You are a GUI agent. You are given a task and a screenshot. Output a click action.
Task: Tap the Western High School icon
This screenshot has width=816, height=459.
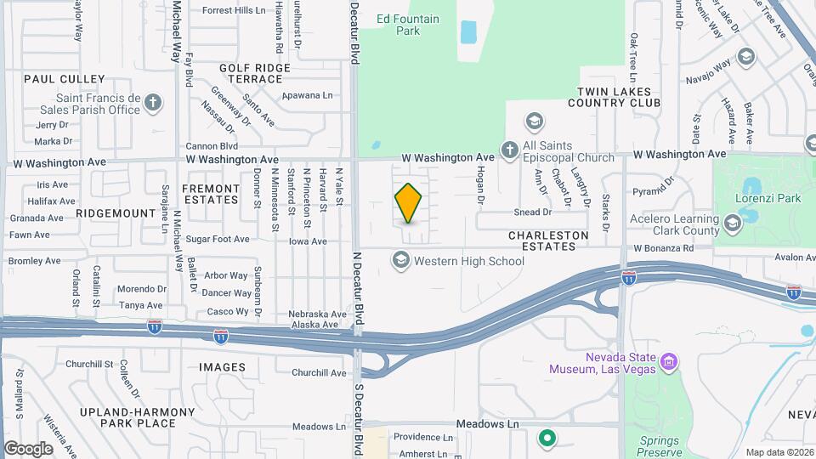pos(400,260)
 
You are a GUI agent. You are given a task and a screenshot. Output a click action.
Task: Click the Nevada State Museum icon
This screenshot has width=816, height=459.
pos(668,363)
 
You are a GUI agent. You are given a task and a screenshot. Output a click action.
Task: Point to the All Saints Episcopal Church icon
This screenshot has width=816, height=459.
pos(509,150)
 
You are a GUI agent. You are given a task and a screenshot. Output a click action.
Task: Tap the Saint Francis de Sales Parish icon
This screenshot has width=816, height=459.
pos(152,103)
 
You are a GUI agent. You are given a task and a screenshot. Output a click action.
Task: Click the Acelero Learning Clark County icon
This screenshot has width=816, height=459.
pos(732,224)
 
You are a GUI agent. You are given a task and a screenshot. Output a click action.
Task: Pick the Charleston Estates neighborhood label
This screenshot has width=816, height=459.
pos(548,240)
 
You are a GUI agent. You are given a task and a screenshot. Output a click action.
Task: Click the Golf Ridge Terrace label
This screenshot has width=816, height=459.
pos(251,73)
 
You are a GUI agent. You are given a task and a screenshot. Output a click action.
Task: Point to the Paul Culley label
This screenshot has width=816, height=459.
pos(53,78)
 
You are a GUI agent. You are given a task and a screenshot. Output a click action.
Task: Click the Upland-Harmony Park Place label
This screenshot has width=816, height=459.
pos(138,417)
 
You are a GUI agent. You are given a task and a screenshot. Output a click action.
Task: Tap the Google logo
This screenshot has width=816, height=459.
pos(29,448)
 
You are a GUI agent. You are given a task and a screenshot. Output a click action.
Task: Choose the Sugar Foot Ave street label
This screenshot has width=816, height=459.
pos(218,239)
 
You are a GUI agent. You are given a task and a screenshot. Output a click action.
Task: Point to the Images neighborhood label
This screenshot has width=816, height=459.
pos(222,367)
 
